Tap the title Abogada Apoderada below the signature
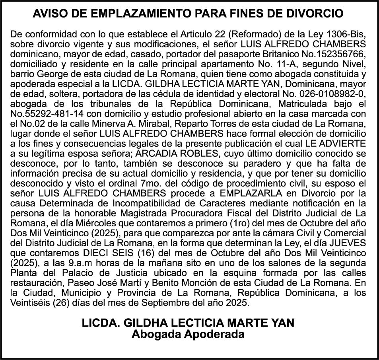click(188, 334)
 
